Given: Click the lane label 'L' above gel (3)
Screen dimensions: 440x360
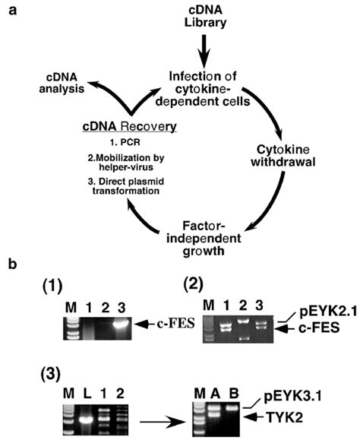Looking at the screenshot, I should click(x=88, y=391).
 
